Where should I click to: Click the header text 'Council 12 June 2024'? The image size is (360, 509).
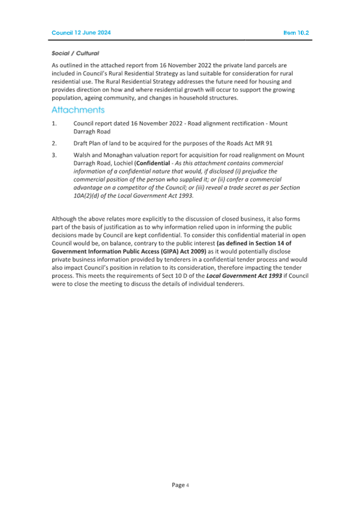(81, 33)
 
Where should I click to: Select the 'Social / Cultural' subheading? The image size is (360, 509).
(75, 53)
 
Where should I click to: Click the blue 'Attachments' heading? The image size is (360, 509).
(78, 110)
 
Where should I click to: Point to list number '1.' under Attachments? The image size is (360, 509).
(54, 123)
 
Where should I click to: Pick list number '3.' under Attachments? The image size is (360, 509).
(54, 155)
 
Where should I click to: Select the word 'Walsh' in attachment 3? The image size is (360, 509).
(83, 155)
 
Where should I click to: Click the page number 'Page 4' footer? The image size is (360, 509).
(180, 485)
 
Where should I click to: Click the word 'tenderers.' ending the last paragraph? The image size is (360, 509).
(227, 284)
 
